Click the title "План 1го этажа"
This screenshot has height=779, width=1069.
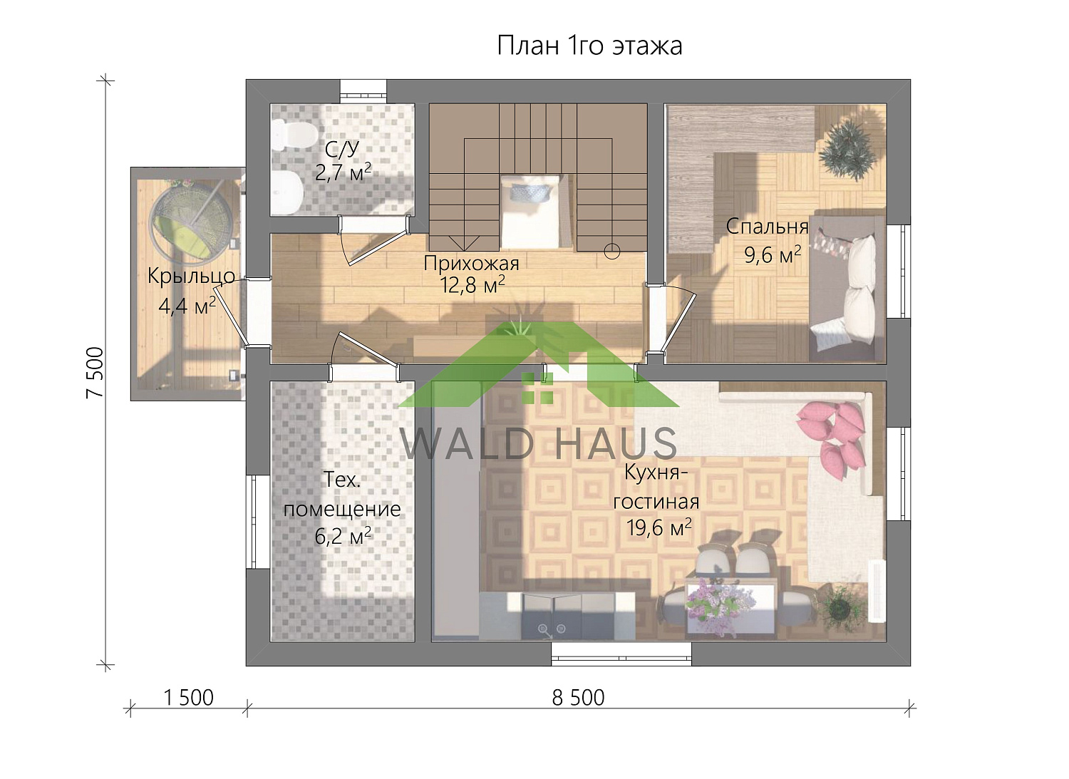589,46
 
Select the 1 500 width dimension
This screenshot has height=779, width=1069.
188,697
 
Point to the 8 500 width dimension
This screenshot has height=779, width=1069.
578,697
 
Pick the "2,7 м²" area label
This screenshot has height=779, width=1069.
343,172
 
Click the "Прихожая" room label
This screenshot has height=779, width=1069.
471,263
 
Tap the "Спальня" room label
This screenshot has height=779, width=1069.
767,227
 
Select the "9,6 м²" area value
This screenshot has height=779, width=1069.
773,254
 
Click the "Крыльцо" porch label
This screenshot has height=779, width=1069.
191,276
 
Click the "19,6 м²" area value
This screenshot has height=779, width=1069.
659,527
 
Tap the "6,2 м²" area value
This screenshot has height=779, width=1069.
343,536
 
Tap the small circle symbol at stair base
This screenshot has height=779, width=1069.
611,251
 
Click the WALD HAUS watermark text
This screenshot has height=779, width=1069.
538,443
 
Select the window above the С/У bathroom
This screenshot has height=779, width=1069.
363,91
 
